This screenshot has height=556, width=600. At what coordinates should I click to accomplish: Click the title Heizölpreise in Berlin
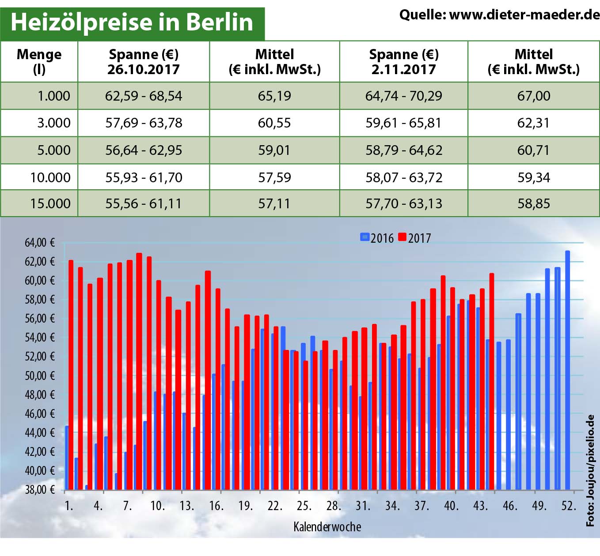tap(132, 22)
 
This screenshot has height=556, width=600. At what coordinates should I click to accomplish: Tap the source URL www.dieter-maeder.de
tap(524, 15)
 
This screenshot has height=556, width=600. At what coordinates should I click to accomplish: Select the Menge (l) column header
tap(39, 62)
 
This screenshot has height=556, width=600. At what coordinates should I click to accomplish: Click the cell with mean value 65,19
tap(274, 96)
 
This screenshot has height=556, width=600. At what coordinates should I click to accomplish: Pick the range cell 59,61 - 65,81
tap(403, 123)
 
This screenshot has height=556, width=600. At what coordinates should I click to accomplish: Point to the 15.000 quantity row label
tap(50, 203)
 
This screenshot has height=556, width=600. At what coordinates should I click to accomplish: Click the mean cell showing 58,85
tap(534, 203)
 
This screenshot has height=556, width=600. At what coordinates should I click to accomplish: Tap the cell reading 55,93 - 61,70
tap(144, 177)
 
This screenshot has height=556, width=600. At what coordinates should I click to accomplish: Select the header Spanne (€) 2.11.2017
tap(403, 62)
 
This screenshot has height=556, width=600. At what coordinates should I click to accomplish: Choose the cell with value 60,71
tap(534, 150)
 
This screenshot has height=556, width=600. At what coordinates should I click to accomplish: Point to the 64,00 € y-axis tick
tap(40, 243)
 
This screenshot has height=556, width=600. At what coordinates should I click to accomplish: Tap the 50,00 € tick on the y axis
tap(40, 376)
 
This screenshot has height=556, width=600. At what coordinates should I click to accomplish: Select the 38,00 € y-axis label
tap(40, 489)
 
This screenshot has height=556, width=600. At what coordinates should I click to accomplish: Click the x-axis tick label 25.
tap(304, 506)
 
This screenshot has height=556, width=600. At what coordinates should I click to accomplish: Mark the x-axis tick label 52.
tap(569, 506)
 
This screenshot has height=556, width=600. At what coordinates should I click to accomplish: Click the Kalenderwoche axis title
tap(327, 527)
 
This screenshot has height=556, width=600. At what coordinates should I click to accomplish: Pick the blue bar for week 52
tap(568, 371)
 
